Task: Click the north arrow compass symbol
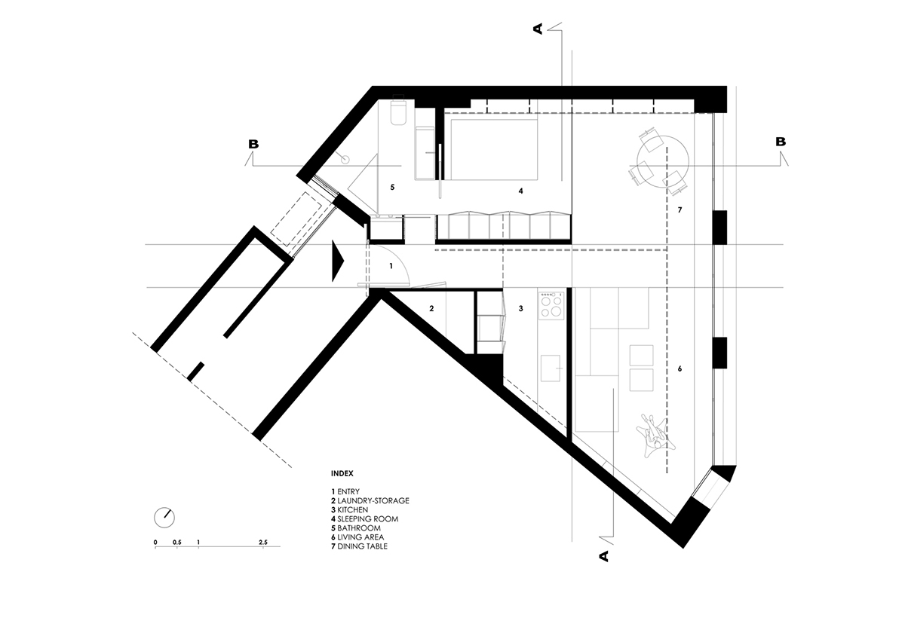(x=164, y=518)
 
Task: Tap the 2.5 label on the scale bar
(x=262, y=542)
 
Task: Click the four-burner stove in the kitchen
(x=551, y=305)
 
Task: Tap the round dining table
(x=662, y=160)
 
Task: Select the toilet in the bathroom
(x=399, y=114)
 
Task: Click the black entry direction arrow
(x=337, y=261)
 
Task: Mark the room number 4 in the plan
(x=520, y=191)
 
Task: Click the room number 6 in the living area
(x=680, y=369)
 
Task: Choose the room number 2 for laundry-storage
(x=431, y=308)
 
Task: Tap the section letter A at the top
(x=538, y=29)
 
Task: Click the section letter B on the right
(x=781, y=142)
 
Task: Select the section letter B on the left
(x=255, y=142)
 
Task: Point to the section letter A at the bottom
(x=603, y=556)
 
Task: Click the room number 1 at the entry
(x=391, y=266)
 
